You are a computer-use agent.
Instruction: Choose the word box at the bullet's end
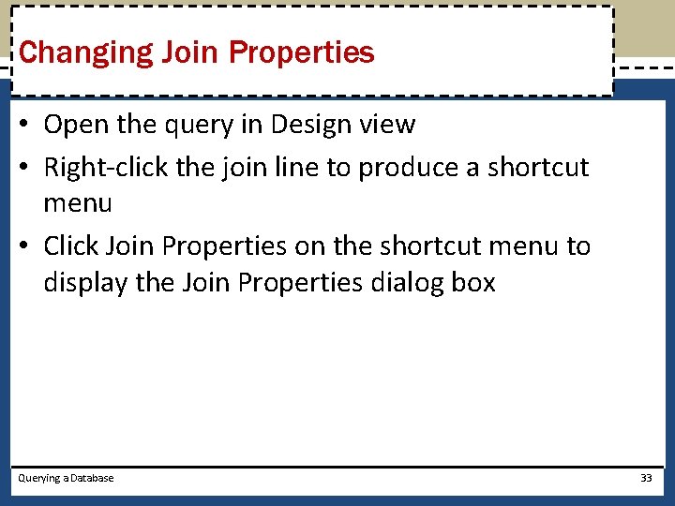(x=472, y=282)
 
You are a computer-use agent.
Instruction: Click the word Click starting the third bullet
(x=71, y=246)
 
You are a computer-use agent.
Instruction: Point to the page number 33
(x=646, y=478)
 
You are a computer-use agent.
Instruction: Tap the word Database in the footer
(x=92, y=478)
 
